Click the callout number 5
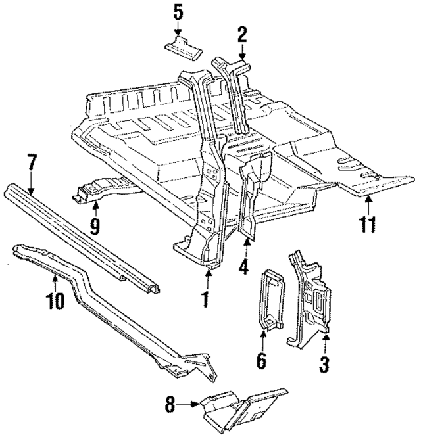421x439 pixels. point(178,12)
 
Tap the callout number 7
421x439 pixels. point(31,162)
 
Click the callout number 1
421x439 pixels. point(205,300)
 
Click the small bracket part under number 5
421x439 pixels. point(182,47)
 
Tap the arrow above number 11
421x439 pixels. point(368,201)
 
